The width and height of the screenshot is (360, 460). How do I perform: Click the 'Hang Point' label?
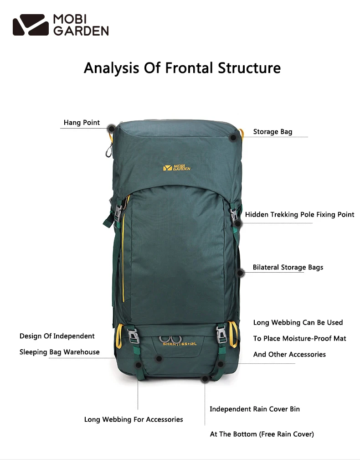tap(82, 123)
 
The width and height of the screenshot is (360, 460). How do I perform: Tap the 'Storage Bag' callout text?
tap(273, 132)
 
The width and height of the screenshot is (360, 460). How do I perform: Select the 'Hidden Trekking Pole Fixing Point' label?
tap(299, 214)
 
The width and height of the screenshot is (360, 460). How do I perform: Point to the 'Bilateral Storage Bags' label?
tap(288, 267)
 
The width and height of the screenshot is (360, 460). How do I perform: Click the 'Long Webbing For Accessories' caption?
tap(134, 419)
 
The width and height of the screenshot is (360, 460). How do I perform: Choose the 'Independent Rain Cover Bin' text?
tap(255, 409)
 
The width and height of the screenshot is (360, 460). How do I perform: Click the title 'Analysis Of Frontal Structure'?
tap(182, 68)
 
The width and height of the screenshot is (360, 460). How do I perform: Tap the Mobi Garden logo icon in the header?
tap(31, 25)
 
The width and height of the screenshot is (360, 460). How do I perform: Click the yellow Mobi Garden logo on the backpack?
tap(177, 167)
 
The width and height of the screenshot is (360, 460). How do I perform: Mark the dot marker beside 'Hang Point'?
tap(110, 128)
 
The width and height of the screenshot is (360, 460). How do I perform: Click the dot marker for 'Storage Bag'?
tap(233, 137)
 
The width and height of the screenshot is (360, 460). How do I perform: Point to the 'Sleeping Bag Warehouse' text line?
tap(59, 352)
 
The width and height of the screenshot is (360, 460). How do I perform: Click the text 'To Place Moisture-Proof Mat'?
tap(299, 338)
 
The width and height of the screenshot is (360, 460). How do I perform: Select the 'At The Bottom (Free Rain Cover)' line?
tap(262, 434)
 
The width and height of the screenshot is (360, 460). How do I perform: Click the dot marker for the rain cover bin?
tap(205, 378)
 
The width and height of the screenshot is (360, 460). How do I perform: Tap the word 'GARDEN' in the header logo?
tap(81, 31)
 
